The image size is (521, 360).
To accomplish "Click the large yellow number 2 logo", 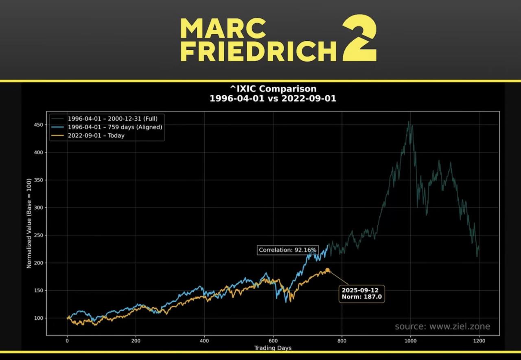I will [359, 39].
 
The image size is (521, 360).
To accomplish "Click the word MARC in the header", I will [223, 28].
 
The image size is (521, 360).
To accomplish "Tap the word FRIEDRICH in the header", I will [258, 52].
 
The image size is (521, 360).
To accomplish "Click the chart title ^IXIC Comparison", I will [273, 89].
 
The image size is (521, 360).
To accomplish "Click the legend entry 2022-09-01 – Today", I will [96, 136].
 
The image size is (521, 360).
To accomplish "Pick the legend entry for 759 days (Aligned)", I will [115, 127].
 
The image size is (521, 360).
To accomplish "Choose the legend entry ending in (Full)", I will [112, 119].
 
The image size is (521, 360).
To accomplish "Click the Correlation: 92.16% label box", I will [287, 250].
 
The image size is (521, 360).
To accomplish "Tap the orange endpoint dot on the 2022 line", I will [327, 270].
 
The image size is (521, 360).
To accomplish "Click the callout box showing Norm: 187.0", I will [362, 294].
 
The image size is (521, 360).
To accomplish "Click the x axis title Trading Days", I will [273, 348].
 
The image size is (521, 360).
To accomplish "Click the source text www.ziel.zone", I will [442, 326].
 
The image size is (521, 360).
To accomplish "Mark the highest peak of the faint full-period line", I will [409, 121].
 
